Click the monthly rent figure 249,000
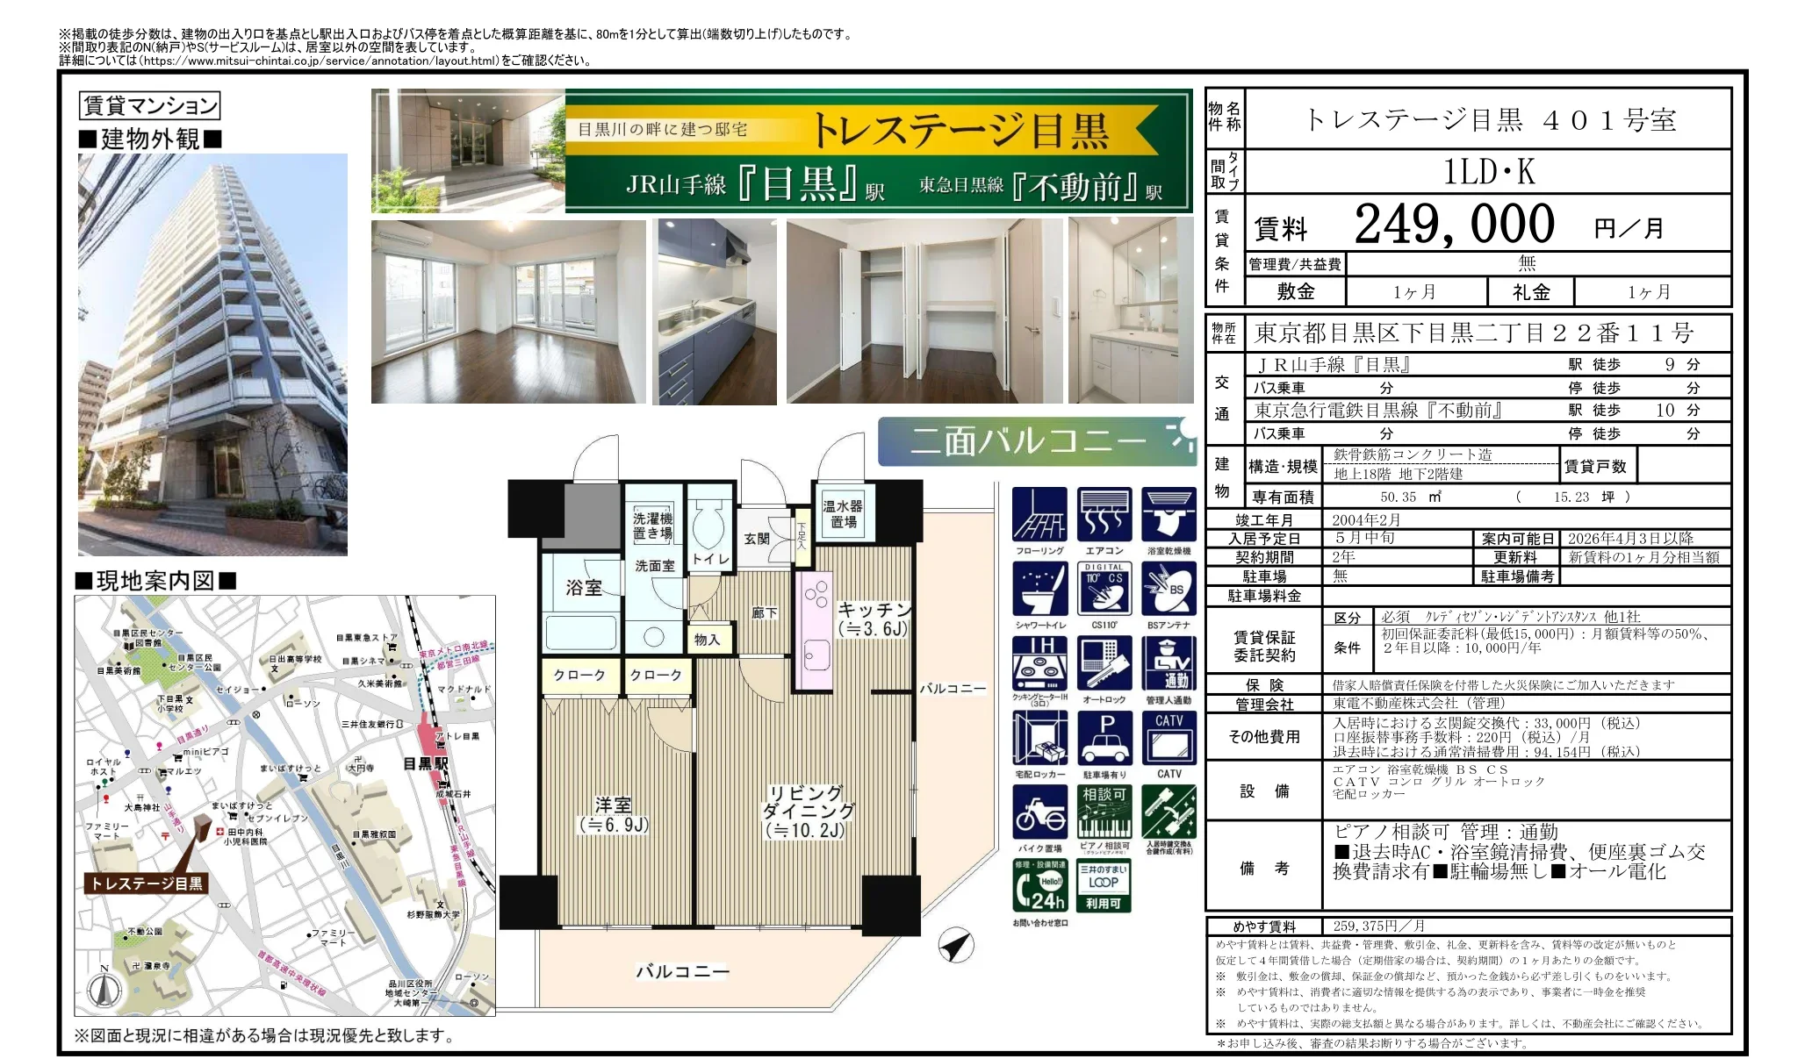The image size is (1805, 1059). click(1454, 225)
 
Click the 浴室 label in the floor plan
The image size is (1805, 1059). click(583, 587)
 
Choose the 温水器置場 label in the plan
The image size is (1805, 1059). click(842, 514)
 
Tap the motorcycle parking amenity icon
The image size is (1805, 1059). click(1039, 813)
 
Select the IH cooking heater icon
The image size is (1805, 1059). click(1039, 664)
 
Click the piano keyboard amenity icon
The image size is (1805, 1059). click(1104, 813)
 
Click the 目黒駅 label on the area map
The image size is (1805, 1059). click(425, 763)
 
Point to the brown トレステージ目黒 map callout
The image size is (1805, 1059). click(147, 883)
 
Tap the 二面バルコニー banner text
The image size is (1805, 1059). click(1027, 440)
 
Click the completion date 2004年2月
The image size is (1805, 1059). click(1366, 520)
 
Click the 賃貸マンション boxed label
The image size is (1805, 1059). click(149, 106)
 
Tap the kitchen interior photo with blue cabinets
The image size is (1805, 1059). click(716, 311)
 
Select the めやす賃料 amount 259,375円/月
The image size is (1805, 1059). click(1378, 927)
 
